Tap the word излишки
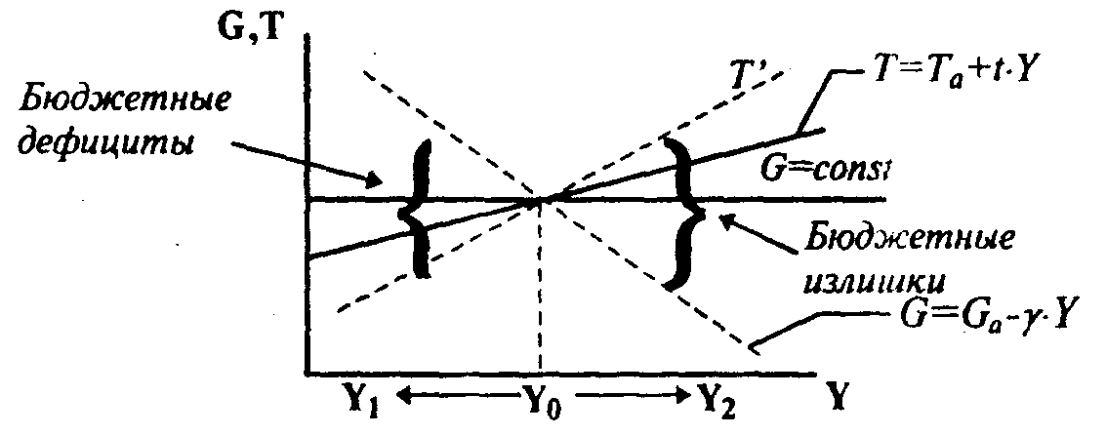click(x=874, y=279)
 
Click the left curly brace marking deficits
click(x=415, y=211)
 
